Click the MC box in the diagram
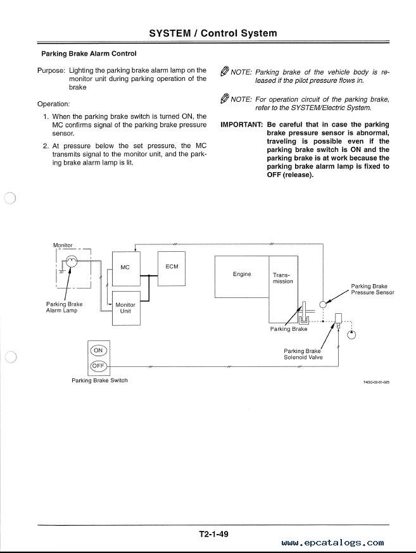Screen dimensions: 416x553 [x=126, y=268]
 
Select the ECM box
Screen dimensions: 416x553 [x=172, y=268]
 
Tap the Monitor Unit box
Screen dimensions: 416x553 [x=126, y=308]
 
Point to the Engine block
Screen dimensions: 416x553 [x=242, y=277]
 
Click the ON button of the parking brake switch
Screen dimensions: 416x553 [x=98, y=350]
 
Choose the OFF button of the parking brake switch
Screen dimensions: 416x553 [x=98, y=366]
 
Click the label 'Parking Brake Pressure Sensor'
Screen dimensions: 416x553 [x=372, y=289]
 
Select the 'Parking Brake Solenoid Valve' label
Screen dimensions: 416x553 [x=303, y=354]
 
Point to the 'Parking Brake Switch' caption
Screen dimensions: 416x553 [x=99, y=380]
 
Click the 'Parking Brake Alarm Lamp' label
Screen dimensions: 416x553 [x=64, y=307]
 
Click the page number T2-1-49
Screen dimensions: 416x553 [x=213, y=533]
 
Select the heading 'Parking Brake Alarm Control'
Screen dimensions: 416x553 [x=89, y=54]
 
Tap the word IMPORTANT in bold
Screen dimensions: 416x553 [x=242, y=125]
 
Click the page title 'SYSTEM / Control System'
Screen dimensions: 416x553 [x=213, y=33]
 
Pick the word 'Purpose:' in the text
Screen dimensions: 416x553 [x=51, y=70]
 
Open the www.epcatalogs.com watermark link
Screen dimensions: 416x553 [x=332, y=543]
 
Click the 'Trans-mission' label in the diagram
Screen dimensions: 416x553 [x=282, y=278]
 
